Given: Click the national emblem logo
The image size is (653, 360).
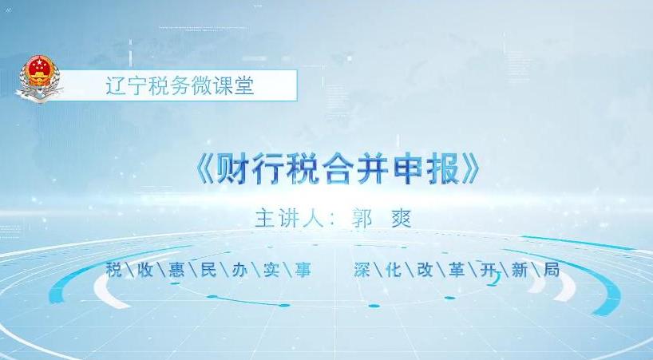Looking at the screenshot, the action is coord(39,78).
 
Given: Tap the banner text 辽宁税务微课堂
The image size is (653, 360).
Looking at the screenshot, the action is coord(180,86).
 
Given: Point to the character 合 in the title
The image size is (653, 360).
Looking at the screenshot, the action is coord(338,168).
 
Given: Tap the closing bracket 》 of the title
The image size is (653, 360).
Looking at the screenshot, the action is coord(473,168).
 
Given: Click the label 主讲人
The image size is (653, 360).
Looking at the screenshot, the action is coord(290,219).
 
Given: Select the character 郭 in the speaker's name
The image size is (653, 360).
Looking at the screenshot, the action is coord(362,219).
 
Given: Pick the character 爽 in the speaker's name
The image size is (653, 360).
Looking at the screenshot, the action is coord(402,219).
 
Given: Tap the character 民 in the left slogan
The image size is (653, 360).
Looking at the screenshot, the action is coord(208,270).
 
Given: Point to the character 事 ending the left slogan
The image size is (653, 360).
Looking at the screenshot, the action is coord(303,270).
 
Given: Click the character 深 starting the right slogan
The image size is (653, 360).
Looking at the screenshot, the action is coord(362,270).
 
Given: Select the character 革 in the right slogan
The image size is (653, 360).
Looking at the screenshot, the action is coord(457,270).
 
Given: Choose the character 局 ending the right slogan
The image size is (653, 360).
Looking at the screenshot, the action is coord(552,270).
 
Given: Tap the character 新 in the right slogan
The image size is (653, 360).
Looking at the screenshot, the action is coord(520,270).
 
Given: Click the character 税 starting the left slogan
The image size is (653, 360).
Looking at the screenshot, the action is coord(114,270).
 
